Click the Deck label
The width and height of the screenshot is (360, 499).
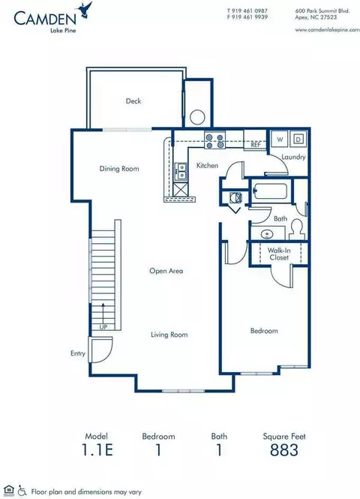[133, 101]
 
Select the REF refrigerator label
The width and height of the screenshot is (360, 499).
[255, 143]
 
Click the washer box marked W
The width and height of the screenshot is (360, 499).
[279, 139]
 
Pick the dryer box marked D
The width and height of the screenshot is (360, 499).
[298, 139]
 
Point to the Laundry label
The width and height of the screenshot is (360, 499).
[293, 157]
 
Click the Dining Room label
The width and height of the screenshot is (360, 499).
[119, 169]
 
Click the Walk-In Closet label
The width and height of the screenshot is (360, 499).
[279, 254]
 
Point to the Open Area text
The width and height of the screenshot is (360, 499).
[166, 271]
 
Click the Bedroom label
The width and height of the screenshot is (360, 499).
[263, 330]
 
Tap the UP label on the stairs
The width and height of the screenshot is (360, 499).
[102, 326]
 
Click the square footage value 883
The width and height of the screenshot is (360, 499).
[284, 450]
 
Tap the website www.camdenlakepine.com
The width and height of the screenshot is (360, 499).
[322, 30]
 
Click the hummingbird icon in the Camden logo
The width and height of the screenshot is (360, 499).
[90, 9]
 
